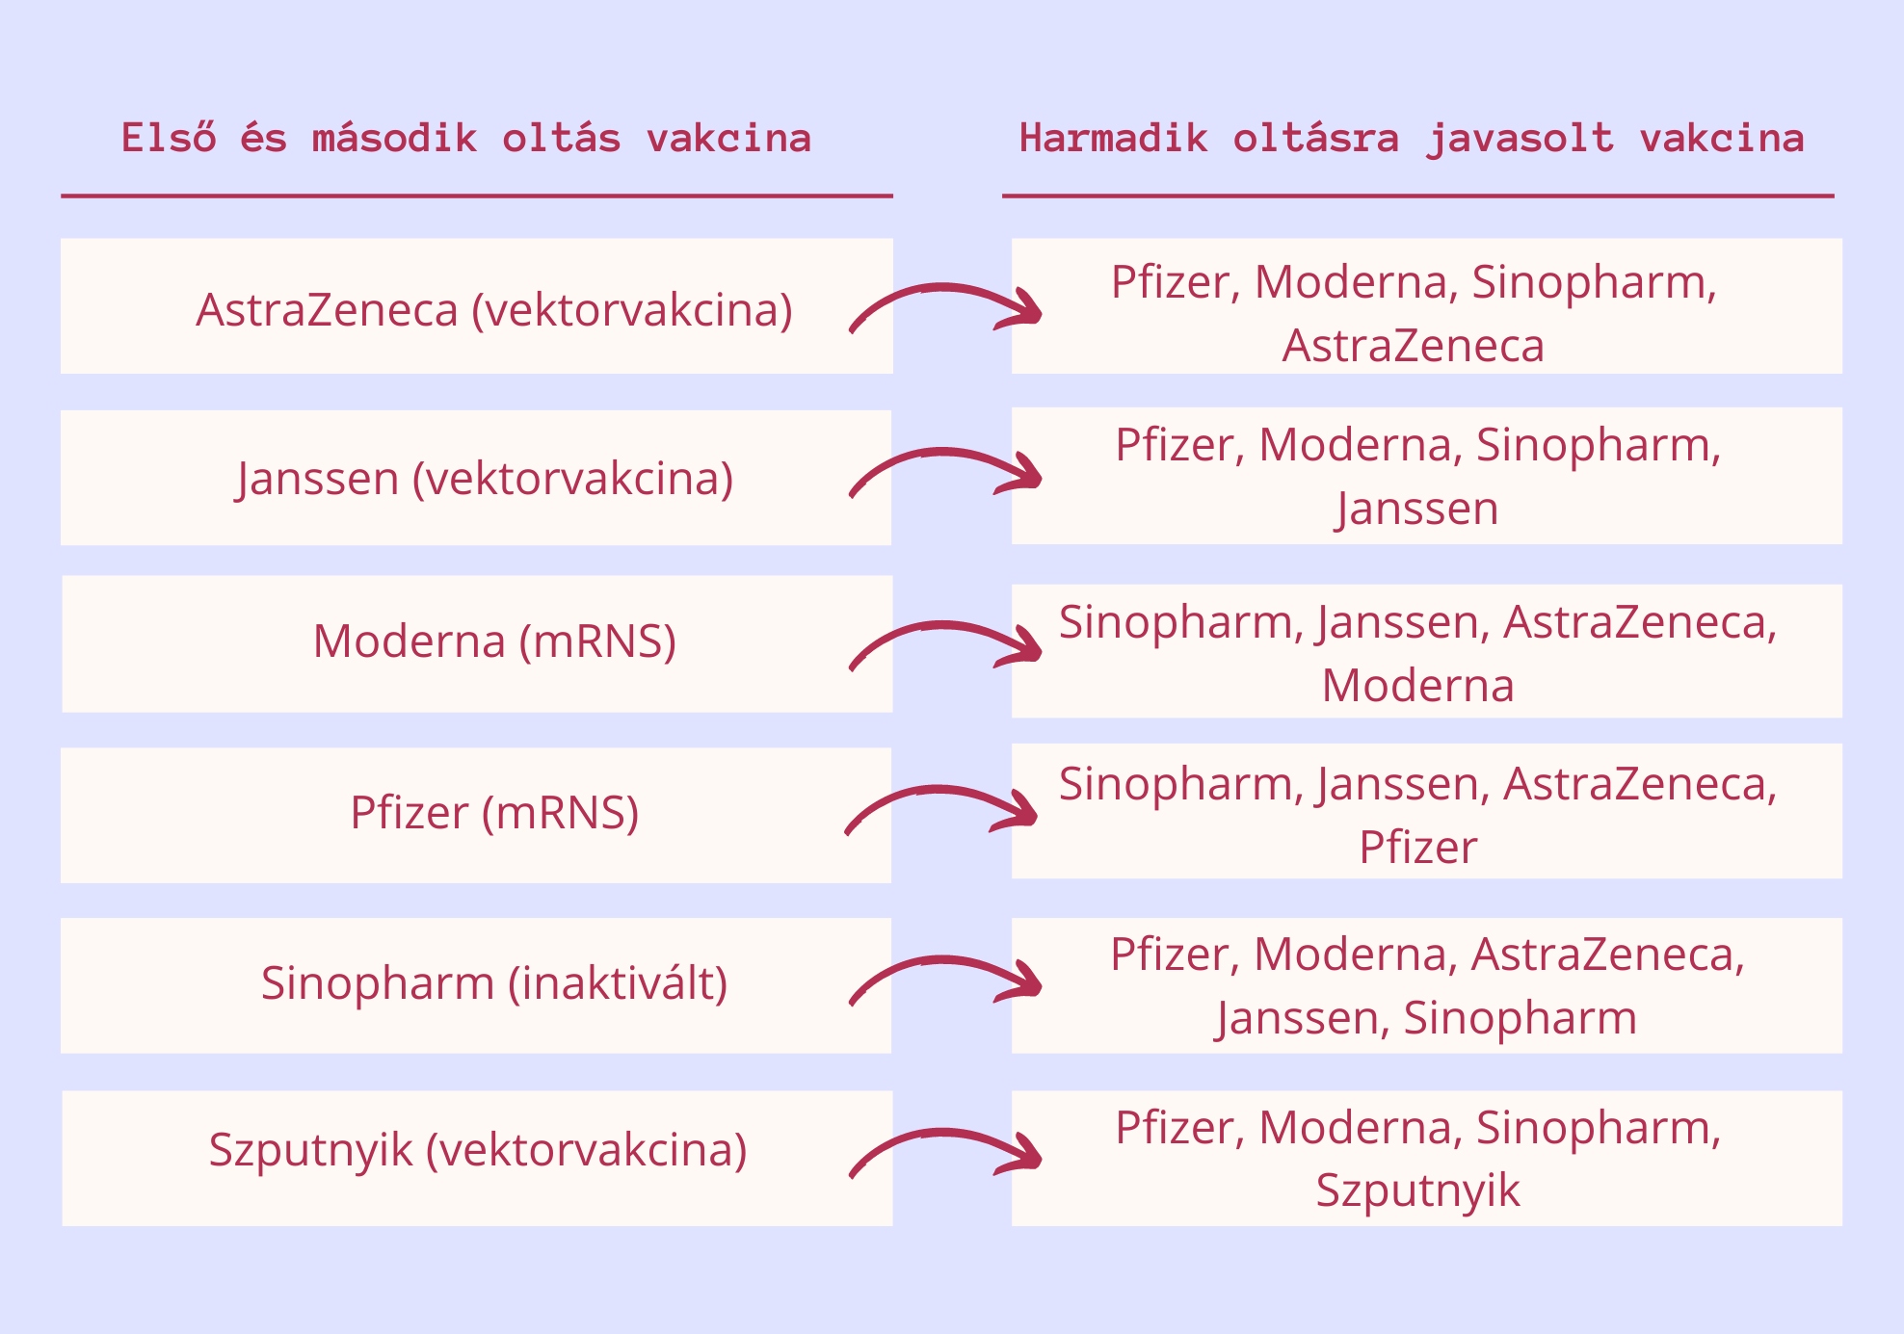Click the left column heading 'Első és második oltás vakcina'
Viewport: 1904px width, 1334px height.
(x=466, y=138)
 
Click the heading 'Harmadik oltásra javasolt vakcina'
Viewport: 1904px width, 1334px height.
(x=1412, y=138)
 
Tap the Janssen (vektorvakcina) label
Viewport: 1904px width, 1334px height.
(x=485, y=479)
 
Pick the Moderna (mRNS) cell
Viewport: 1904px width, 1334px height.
(x=494, y=641)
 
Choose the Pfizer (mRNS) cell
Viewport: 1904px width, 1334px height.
(x=494, y=813)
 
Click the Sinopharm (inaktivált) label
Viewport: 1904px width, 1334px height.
(x=494, y=983)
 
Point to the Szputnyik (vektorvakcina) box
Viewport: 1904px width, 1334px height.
(x=478, y=1150)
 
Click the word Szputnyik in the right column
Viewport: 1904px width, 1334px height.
(x=1417, y=1190)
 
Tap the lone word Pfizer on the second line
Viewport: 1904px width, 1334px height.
(x=1417, y=848)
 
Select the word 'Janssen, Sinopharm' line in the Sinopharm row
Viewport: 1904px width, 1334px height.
(x=1426, y=1018)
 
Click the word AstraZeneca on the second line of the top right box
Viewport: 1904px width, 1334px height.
(x=1414, y=346)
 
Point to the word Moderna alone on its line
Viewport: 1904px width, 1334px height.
(x=1417, y=686)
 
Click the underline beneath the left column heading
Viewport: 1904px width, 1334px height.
(x=476, y=196)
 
